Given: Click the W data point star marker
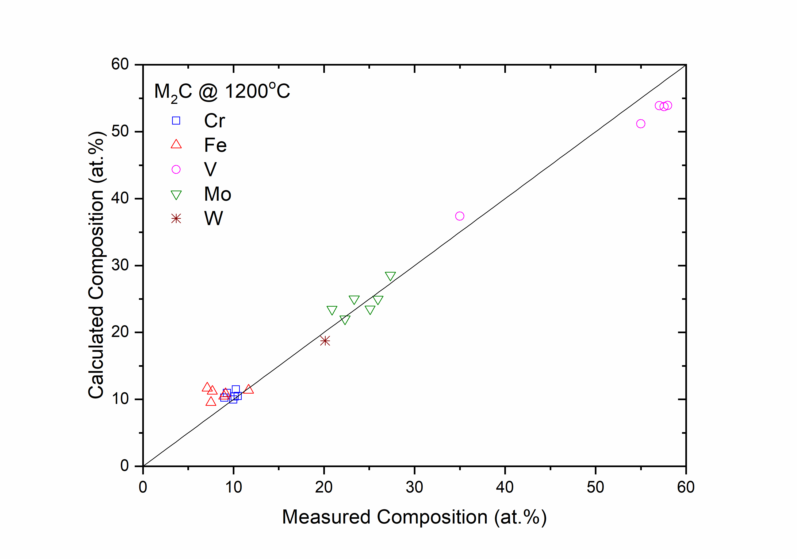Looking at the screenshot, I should point(325,341).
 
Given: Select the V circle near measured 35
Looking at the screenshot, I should point(460,216).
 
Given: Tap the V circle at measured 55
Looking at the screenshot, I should point(640,124).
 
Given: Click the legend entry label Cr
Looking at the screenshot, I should point(214,121).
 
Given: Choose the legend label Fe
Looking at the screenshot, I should point(215,145).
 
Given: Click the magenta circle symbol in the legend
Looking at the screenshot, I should point(176,170).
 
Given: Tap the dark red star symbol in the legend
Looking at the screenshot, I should point(176,219).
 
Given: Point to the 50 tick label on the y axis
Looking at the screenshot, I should point(120,132).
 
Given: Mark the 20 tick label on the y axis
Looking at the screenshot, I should point(120,332).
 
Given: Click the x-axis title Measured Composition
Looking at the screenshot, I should point(414,517).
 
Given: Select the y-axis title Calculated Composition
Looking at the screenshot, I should point(96,266).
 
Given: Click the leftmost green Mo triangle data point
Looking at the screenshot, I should point(332,310).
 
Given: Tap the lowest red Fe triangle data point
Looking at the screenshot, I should point(211,402).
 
